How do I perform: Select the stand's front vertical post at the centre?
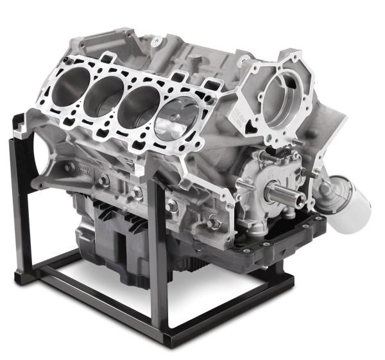tap(157, 257)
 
